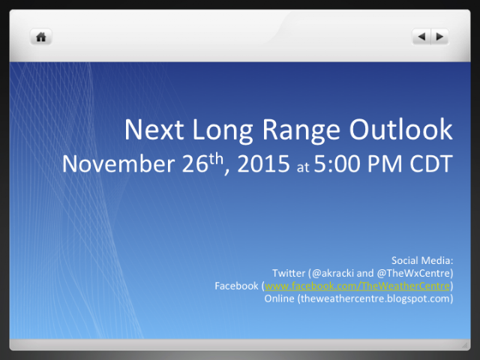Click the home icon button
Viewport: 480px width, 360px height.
41,37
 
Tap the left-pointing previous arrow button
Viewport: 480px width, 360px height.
421,37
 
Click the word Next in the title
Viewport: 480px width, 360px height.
154,130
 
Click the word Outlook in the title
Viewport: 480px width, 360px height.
401,130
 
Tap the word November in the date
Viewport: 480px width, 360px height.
118,163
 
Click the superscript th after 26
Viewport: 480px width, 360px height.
216,158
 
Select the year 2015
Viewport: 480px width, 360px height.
263,163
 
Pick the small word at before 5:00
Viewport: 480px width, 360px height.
303,167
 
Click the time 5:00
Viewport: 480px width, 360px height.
337,163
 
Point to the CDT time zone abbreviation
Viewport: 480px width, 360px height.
431,163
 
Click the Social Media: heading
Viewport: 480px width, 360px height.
422,260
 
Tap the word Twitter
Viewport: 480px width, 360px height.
289,273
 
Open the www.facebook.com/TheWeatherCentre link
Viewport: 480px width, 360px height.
357,286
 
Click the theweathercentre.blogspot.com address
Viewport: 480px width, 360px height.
375,298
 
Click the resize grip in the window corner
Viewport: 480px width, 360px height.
465,345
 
